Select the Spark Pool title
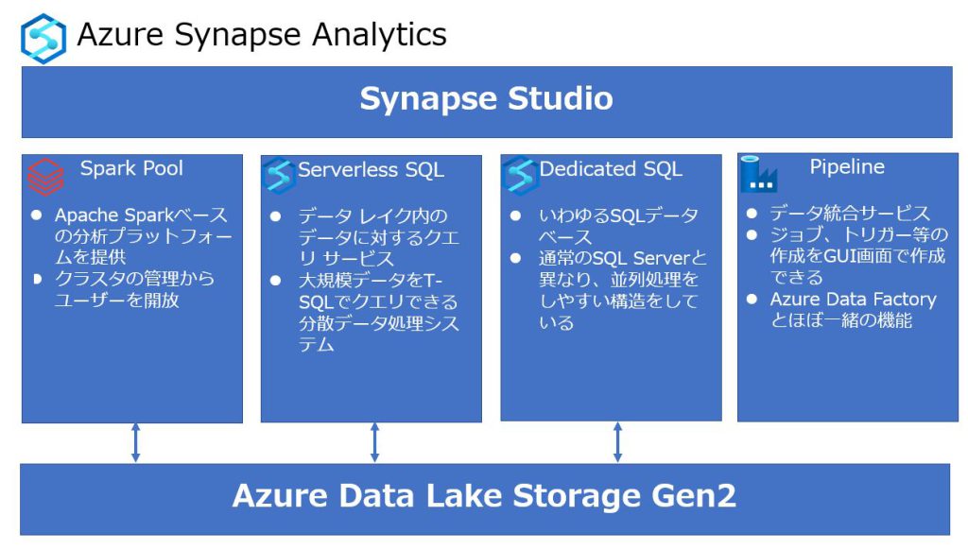(x=131, y=169)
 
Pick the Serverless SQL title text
(x=371, y=171)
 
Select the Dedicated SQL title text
(x=611, y=170)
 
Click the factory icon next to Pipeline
(x=758, y=174)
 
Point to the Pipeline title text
(x=847, y=167)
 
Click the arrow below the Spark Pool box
(x=135, y=442)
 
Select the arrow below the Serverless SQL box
(x=374, y=442)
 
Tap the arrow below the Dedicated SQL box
(x=616, y=442)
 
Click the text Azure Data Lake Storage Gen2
(x=484, y=496)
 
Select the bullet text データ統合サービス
(x=849, y=214)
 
